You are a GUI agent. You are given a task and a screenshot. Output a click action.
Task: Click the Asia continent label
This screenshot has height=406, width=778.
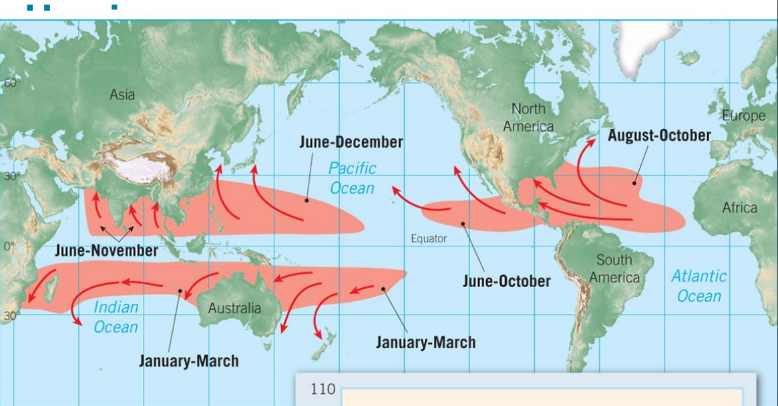(122, 95)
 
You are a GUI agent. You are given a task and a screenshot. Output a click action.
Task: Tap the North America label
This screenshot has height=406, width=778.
(528, 117)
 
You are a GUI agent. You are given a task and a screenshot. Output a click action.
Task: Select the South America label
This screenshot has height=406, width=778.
(614, 268)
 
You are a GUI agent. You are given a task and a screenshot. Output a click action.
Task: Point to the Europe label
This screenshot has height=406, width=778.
(743, 116)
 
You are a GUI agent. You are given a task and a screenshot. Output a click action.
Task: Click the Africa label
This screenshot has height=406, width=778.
(740, 208)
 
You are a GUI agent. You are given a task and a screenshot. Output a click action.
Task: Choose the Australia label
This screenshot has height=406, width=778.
(234, 308)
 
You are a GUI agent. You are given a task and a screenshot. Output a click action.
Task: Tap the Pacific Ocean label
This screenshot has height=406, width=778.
(352, 178)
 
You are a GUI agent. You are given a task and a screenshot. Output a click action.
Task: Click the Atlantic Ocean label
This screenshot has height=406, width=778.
(699, 286)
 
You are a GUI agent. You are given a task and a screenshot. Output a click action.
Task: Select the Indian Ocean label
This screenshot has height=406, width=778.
(116, 317)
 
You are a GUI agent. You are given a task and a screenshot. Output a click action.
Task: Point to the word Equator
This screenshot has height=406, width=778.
(429, 238)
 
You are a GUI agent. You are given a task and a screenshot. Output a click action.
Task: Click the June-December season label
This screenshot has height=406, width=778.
(351, 142)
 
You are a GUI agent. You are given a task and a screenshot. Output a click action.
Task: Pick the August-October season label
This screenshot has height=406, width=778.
(659, 136)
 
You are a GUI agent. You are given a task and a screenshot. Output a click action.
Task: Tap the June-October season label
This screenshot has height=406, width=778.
(507, 281)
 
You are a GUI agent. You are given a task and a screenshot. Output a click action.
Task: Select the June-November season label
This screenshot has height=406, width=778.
(107, 251)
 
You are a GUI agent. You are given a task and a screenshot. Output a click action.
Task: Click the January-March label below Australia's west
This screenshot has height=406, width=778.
(188, 361)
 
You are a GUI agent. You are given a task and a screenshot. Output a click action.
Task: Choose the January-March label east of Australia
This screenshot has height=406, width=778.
(425, 343)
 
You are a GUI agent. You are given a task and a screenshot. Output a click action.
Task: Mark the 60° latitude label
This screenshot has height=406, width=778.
(12, 83)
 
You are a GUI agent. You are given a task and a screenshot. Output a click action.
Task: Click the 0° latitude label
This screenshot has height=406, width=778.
(9, 246)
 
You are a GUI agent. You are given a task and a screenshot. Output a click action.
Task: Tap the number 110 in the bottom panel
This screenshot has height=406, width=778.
(323, 389)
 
